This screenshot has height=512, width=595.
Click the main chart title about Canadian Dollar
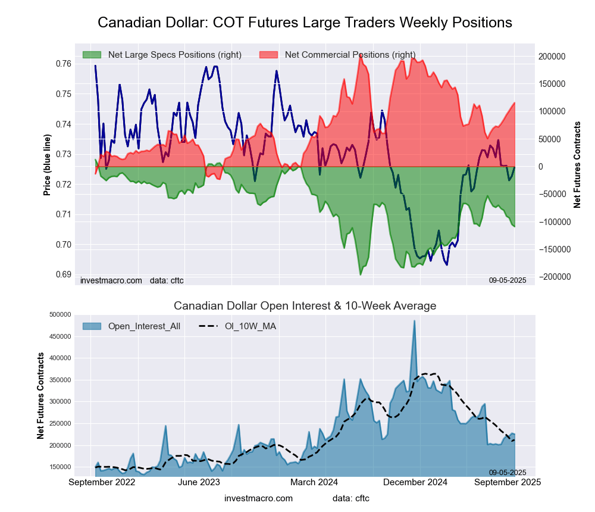(305, 23)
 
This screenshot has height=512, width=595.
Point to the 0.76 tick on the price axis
(64, 64)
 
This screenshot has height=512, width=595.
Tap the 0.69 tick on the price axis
(64, 274)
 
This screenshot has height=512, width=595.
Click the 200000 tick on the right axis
(552, 57)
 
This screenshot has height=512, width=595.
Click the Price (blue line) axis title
(48, 165)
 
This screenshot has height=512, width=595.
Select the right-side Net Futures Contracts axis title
(577, 164)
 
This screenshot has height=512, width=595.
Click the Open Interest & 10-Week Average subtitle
(305, 306)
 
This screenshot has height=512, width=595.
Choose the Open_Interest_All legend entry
(144, 326)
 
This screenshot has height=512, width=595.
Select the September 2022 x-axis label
(102, 482)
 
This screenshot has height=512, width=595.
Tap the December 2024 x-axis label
(415, 482)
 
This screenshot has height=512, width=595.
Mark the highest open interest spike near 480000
(414, 321)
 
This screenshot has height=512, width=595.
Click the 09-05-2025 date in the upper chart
(508, 280)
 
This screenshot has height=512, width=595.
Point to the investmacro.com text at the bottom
(258, 498)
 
